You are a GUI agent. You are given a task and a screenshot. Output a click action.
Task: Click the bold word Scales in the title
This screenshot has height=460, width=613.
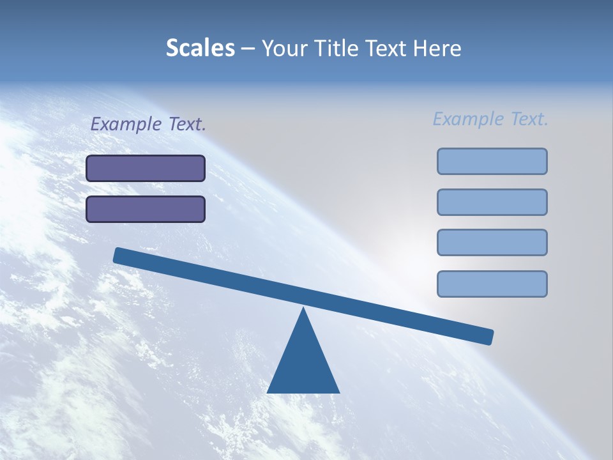(x=200, y=49)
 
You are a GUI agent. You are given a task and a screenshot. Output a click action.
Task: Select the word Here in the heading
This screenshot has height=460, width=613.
(x=437, y=49)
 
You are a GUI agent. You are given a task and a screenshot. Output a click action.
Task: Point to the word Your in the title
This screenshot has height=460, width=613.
(x=285, y=49)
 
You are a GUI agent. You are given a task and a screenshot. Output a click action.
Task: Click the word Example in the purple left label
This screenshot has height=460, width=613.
(x=126, y=124)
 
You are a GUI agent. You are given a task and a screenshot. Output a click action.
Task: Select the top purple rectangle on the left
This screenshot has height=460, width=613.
(x=146, y=168)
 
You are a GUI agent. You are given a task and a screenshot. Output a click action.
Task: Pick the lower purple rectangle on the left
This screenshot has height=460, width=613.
(x=146, y=209)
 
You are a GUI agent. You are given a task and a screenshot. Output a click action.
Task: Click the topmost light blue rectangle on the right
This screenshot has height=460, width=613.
(x=492, y=161)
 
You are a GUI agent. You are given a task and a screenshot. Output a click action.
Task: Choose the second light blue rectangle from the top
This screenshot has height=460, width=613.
(x=492, y=202)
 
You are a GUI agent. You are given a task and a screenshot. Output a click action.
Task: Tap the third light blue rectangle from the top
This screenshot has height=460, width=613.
(x=492, y=242)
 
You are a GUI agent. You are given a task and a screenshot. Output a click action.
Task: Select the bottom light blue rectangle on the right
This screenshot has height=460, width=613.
(x=492, y=284)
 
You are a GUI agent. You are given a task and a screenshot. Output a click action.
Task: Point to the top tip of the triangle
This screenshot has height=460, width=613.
(x=303, y=310)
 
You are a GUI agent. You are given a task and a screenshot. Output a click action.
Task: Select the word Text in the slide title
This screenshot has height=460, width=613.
(x=387, y=49)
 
